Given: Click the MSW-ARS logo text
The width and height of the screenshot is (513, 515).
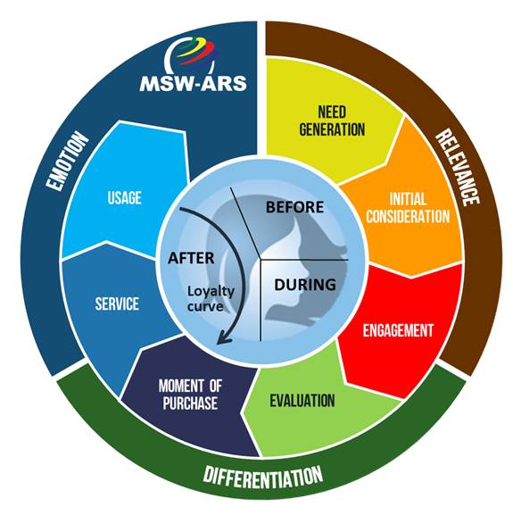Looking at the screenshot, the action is [x=193, y=83].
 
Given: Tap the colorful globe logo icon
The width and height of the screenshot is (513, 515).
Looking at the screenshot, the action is [x=191, y=55].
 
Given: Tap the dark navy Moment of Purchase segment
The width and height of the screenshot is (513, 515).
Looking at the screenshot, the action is [x=190, y=395].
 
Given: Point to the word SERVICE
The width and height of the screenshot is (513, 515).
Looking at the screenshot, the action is [x=117, y=303].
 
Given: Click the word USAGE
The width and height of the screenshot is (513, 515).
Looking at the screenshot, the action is [x=124, y=198].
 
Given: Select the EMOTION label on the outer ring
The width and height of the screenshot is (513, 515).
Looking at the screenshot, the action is [x=67, y=161].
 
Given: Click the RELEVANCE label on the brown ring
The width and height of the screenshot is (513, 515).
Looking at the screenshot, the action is [x=457, y=167].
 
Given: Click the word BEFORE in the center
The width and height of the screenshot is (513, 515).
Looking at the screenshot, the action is [x=294, y=207].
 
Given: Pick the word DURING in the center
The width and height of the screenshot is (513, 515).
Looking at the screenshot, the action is [x=305, y=285].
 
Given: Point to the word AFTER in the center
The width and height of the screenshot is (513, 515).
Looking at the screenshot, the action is [x=191, y=258].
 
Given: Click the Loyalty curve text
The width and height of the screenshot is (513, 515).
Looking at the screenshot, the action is [x=211, y=298].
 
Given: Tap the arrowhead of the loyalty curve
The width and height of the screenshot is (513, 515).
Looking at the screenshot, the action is [x=224, y=340].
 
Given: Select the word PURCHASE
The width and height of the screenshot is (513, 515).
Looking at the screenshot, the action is [x=190, y=403].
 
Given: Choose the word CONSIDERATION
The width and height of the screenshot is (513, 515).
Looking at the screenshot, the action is [x=408, y=217].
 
